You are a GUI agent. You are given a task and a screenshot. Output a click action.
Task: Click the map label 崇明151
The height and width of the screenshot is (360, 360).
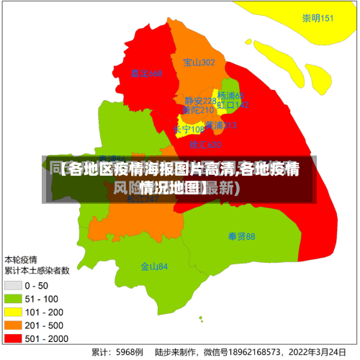(318, 19)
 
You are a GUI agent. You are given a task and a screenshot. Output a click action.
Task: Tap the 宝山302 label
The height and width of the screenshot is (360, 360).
(199, 63)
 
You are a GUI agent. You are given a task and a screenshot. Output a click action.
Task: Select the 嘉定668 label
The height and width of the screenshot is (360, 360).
(147, 73)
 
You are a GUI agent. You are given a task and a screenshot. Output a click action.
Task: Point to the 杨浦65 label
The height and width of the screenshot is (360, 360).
(231, 96)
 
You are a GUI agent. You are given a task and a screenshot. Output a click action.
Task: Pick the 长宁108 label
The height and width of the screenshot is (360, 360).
(189, 130)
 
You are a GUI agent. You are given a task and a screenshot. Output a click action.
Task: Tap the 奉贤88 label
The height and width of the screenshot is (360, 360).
(242, 236)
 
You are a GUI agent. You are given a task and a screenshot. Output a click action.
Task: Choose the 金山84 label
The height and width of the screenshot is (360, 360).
(154, 266)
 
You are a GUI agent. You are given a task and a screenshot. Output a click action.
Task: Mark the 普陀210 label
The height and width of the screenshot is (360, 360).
(198, 111)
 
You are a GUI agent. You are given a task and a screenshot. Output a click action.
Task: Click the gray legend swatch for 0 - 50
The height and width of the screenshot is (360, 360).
(13, 286)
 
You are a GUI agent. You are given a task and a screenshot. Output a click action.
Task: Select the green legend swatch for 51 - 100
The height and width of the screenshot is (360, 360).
(13, 299)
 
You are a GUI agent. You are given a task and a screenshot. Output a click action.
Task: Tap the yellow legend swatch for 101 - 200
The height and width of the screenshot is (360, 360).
(13, 312)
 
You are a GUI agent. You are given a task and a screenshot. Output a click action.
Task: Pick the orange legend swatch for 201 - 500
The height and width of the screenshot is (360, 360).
(13, 325)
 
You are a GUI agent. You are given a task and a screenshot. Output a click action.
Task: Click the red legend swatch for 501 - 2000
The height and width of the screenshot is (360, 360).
(13, 338)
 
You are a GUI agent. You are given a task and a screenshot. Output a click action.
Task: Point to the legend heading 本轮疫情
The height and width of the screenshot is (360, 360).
(22, 259)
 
